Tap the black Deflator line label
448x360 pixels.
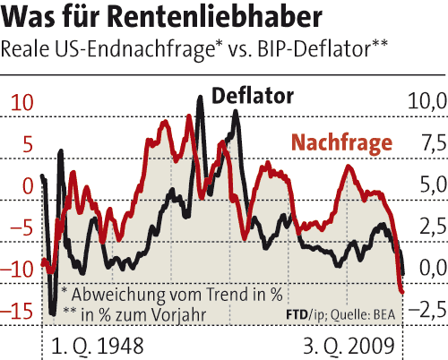[253, 94]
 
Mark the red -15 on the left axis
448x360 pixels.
[20, 311]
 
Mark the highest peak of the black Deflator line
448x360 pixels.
[199, 96]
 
